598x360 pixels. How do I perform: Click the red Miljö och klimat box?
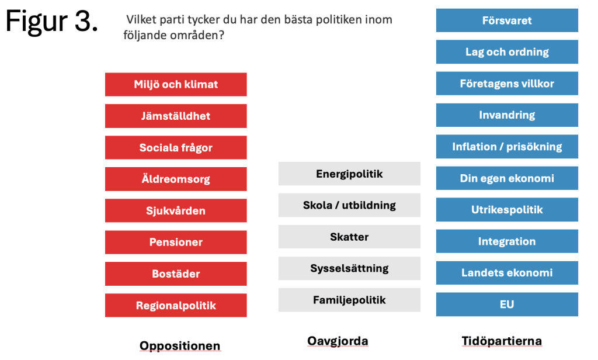coord(176,84)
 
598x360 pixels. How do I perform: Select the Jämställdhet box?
coord(176,116)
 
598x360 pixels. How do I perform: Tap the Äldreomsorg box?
coord(176,179)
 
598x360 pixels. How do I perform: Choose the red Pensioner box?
coord(176,242)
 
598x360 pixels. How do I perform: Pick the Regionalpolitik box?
coord(176,306)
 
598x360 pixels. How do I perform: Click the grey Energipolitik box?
coord(349,174)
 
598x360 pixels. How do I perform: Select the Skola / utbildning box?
coord(349,205)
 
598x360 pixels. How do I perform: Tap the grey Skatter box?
coord(349,237)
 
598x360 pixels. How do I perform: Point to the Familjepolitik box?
coord(349,300)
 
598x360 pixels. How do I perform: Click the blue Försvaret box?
coord(507,20)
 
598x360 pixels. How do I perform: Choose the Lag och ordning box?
coord(507,52)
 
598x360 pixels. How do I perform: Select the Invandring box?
coord(507,115)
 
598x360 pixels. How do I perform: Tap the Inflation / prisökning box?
coord(507,147)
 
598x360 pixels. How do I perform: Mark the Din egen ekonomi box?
coord(507,178)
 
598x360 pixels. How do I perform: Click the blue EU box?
coord(507,304)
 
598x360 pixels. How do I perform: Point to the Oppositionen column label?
coord(180,346)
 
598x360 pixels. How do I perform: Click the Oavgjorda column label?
coord(338,341)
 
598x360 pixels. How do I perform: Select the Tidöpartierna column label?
coord(502,341)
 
